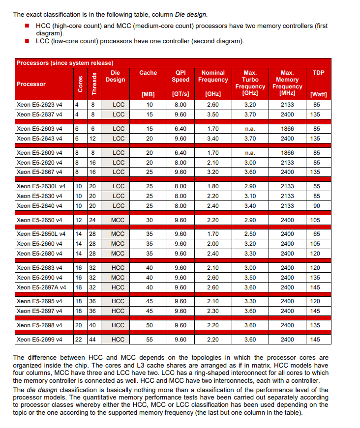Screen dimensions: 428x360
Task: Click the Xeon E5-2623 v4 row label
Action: point(39,105)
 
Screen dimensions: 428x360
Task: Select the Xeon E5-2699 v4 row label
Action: point(39,339)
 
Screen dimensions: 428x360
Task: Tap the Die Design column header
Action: point(116,76)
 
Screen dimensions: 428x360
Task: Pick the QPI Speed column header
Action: point(180,76)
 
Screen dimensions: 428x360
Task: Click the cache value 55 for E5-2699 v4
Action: point(149,339)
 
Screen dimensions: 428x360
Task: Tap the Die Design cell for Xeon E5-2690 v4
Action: point(118,278)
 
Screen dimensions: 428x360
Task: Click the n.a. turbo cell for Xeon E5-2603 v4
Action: point(250,129)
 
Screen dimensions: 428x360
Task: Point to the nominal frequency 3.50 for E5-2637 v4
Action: point(213,114)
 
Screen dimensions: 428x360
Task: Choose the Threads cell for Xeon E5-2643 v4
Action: point(93,139)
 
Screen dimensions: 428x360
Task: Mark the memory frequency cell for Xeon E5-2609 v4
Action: point(287,153)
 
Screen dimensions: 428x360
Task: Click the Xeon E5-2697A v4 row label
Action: point(41,287)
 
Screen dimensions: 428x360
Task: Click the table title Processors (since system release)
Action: point(65,63)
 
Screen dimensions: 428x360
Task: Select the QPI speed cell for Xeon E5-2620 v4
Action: point(180,162)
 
